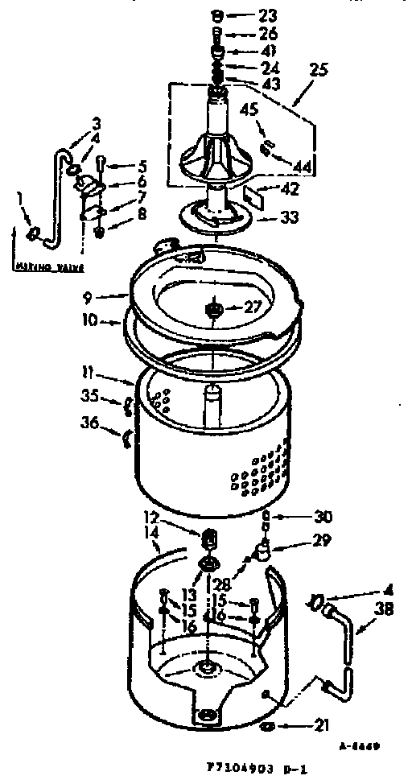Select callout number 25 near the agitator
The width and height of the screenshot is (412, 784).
(319, 71)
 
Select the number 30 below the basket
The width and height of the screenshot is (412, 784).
(301, 518)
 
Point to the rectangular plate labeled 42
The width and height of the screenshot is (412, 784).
(253, 194)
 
